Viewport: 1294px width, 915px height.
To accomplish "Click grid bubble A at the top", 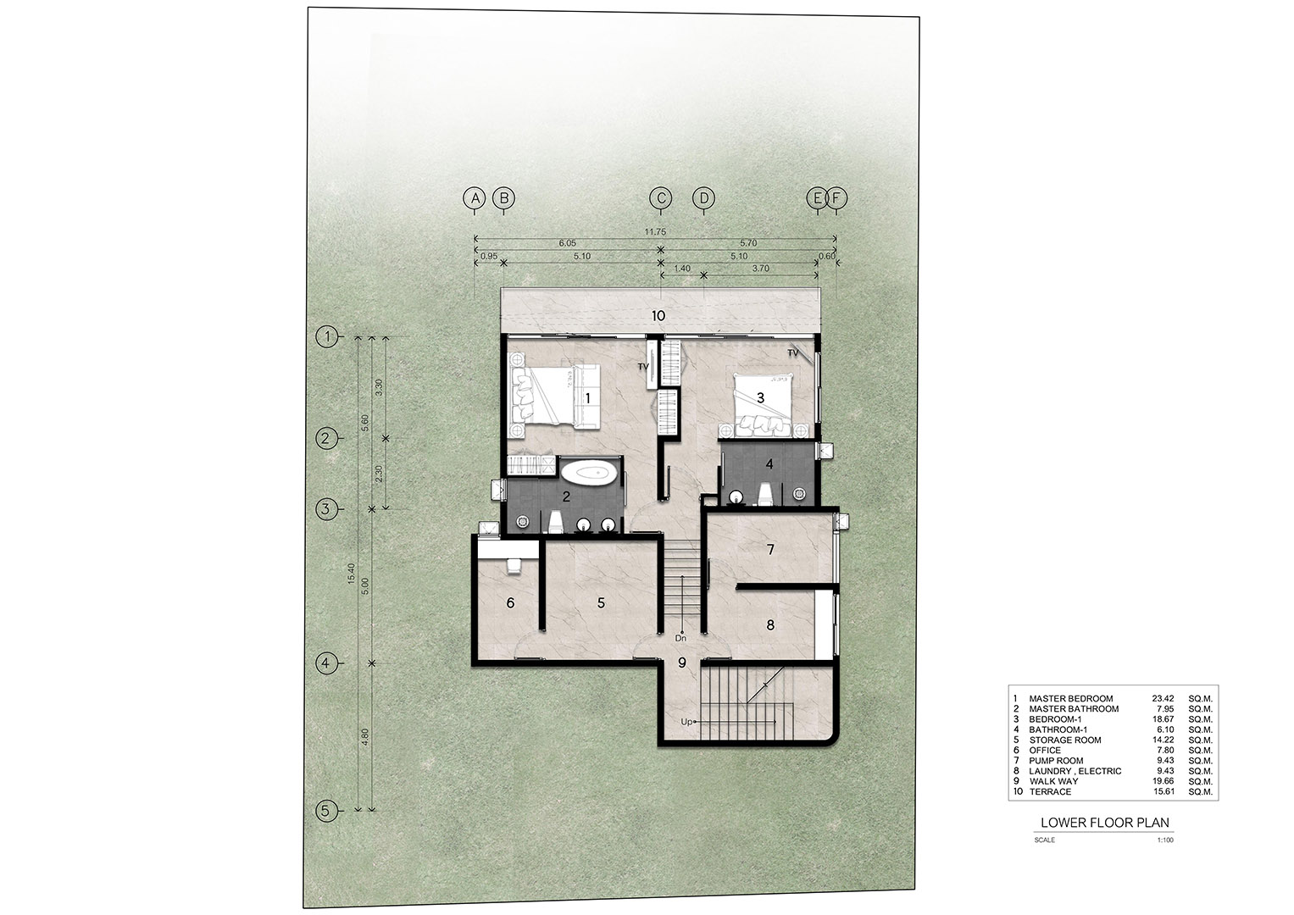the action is [475, 198].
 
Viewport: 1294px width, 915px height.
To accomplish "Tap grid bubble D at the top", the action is [703, 198].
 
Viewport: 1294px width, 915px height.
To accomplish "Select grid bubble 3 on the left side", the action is [326, 509].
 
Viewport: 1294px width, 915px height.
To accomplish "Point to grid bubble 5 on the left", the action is [326, 811].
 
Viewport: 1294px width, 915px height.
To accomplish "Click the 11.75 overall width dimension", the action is [655, 231].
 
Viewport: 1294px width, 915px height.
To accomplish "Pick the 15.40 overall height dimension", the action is [352, 573].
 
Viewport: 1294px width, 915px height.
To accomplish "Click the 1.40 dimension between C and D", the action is [681, 269].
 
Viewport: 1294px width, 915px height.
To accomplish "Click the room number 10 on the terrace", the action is [658, 316].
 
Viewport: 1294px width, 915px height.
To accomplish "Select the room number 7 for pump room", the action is [770, 549].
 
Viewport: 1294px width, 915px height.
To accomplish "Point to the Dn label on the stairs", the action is [680, 639].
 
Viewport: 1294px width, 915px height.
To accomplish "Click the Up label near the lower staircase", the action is [686, 722].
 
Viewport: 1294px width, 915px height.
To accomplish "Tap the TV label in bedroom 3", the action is [792, 353].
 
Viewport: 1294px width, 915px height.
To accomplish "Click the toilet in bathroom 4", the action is [765, 495].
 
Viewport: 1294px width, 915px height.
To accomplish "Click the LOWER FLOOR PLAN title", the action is [1104, 823].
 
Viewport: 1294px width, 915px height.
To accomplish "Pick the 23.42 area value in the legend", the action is [1163, 698].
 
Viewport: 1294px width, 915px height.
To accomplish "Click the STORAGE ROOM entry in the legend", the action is [1064, 740].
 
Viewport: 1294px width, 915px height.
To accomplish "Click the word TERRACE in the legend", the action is [1050, 791].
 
